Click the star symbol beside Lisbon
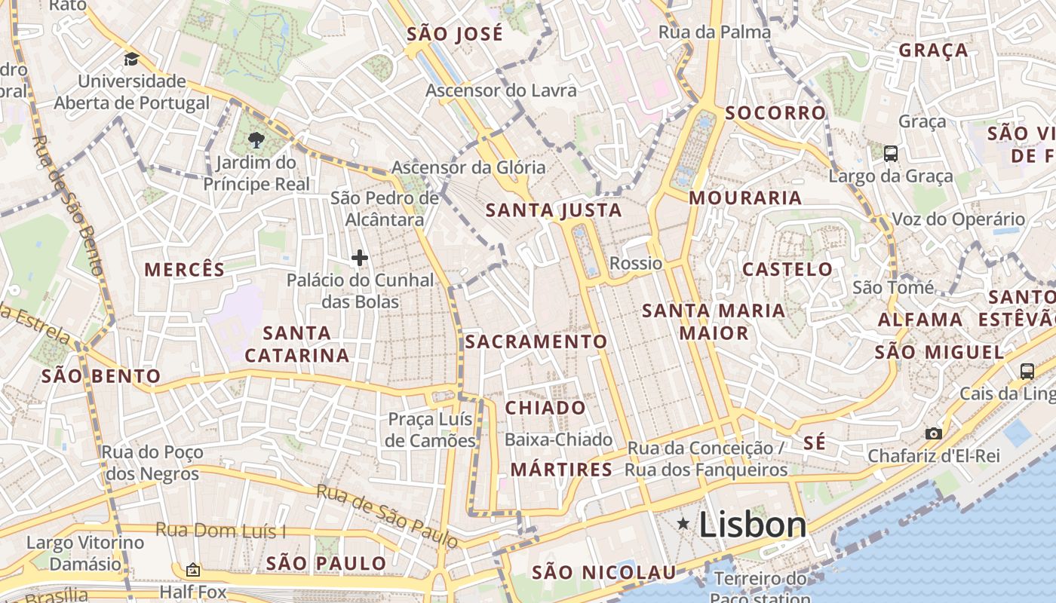pyautogui.click(x=683, y=523)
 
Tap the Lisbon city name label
pyautogui.click(x=752, y=525)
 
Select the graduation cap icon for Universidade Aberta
pyautogui.click(x=131, y=59)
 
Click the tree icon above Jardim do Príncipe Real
pyautogui.click(x=256, y=139)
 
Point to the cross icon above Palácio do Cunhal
pyautogui.click(x=360, y=258)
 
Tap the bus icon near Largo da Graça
pyautogui.click(x=890, y=154)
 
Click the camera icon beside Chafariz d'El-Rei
pyautogui.click(x=934, y=433)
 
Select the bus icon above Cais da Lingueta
pyautogui.click(x=1027, y=370)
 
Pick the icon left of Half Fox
pyautogui.click(x=192, y=570)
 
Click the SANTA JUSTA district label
pyautogui.click(x=554, y=210)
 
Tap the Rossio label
pyautogui.click(x=636, y=263)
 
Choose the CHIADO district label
pyautogui.click(x=545, y=408)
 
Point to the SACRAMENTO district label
pyautogui.click(x=536, y=341)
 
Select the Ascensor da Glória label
pyautogui.click(x=468, y=167)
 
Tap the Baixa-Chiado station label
pyautogui.click(x=558, y=439)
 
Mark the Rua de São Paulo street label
pyautogui.click(x=387, y=516)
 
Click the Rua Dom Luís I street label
pyautogui.click(x=221, y=530)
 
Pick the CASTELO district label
pyautogui.click(x=787, y=269)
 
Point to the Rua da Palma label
pyautogui.click(x=714, y=32)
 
